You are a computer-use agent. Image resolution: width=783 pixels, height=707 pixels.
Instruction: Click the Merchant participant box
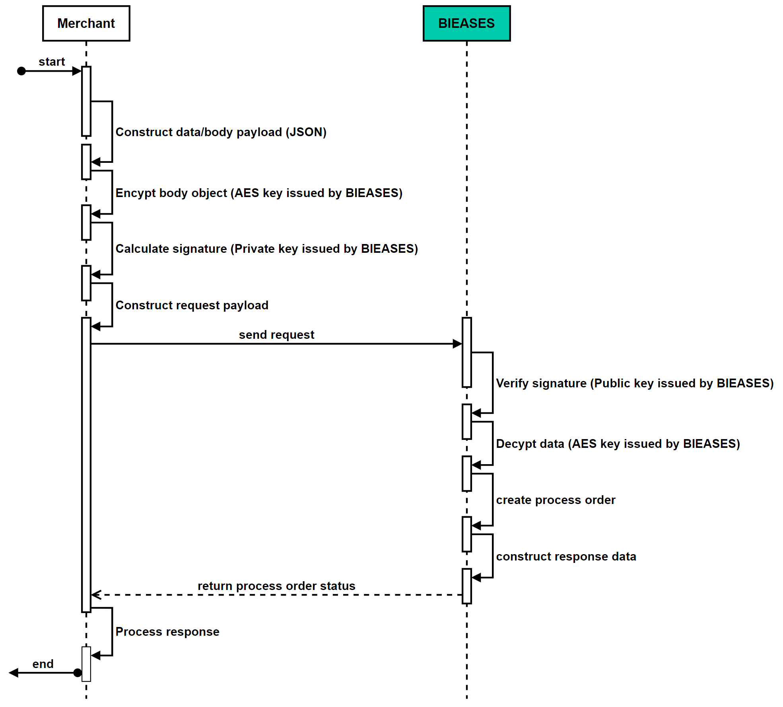click(86, 23)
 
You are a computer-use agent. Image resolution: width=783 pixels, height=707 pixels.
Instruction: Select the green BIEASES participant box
click(466, 23)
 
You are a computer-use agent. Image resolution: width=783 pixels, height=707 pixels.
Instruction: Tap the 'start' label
click(52, 62)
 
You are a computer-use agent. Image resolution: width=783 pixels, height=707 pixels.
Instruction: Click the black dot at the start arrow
click(21, 71)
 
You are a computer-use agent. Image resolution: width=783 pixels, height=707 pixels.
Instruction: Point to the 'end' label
click(43, 664)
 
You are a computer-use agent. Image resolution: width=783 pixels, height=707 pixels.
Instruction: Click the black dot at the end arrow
click(78, 673)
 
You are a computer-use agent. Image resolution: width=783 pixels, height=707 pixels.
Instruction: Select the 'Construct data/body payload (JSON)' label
click(221, 132)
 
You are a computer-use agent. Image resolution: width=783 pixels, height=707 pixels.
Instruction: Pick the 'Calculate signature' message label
click(266, 249)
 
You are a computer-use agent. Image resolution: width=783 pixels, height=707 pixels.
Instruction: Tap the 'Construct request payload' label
click(192, 305)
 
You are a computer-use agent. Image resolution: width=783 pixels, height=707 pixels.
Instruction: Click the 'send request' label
click(276, 335)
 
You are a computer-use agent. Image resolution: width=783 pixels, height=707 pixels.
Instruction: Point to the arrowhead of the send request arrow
click(458, 344)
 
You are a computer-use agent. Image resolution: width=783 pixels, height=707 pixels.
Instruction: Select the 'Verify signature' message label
click(635, 383)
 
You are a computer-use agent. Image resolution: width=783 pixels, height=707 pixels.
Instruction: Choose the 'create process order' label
click(556, 500)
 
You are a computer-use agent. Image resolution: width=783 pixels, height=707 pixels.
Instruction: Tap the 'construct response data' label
click(566, 557)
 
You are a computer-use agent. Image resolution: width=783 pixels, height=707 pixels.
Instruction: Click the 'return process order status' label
click(276, 586)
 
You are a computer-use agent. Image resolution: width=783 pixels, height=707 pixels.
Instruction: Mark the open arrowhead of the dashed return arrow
click(95, 595)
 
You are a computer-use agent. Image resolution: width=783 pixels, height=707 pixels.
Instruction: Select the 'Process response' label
click(167, 632)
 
